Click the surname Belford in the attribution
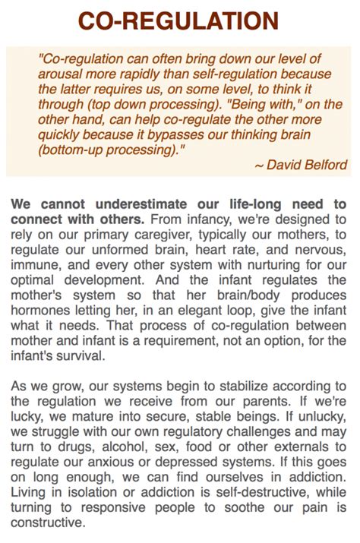(321, 165)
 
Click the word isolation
(90, 493)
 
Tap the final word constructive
(47, 523)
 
